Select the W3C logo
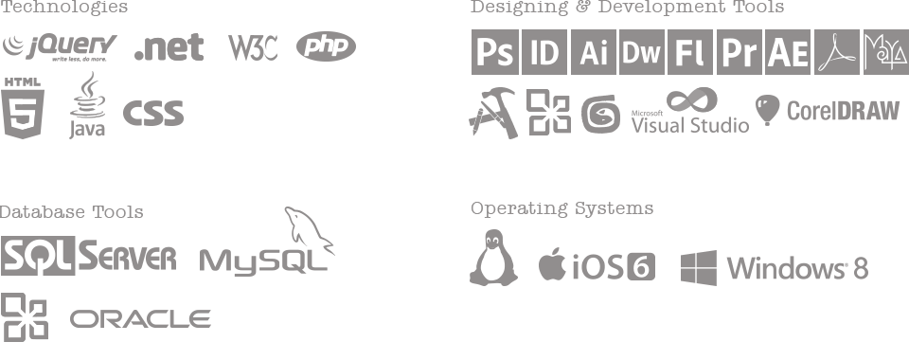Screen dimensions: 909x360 [x=253, y=47]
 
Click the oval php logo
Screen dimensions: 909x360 [x=326, y=45]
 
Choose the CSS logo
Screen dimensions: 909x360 [x=152, y=114]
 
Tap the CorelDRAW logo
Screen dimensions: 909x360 [x=827, y=111]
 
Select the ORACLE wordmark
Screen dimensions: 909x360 [x=140, y=319]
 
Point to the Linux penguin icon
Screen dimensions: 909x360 [x=493, y=257]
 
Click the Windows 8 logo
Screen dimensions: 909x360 [x=774, y=268]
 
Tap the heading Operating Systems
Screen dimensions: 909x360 [x=561, y=208]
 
